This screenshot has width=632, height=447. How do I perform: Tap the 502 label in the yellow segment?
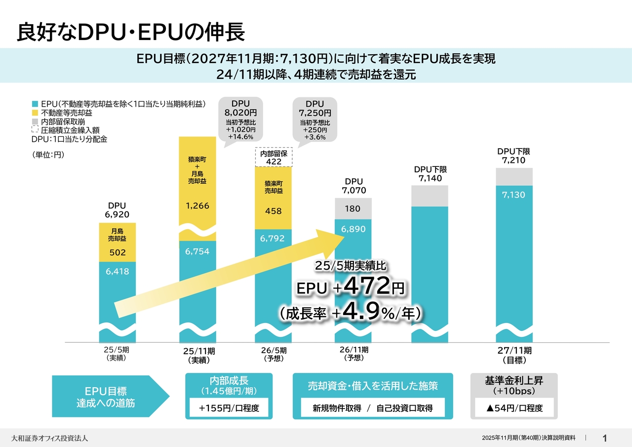click(x=117, y=253)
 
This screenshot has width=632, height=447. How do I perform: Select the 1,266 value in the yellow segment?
click(x=197, y=206)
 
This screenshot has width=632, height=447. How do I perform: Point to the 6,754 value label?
click(x=197, y=251)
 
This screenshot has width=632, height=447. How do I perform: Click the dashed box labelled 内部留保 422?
click(x=274, y=158)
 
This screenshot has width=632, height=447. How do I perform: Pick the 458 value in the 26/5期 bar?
click(x=273, y=211)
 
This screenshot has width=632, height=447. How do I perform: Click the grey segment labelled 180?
click(x=353, y=209)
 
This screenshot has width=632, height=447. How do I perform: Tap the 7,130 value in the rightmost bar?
click(x=513, y=195)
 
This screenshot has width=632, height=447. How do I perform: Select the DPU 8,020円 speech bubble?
click(x=240, y=120)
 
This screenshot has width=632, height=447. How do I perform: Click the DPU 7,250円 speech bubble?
click(x=315, y=120)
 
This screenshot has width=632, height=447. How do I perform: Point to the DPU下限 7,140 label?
click(x=430, y=174)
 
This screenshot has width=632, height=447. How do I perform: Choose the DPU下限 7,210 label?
click(x=513, y=156)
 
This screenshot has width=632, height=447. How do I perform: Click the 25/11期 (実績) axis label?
click(x=199, y=355)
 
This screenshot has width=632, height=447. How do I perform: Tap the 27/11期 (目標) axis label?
click(x=514, y=355)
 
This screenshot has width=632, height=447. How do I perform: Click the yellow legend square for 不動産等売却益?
click(x=35, y=113)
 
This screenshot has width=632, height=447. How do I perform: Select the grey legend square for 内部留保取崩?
click(x=35, y=122)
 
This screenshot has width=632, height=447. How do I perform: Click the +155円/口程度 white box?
click(x=229, y=408)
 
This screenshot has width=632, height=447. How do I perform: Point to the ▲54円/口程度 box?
click(x=514, y=408)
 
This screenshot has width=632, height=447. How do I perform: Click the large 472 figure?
click(x=366, y=286)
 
